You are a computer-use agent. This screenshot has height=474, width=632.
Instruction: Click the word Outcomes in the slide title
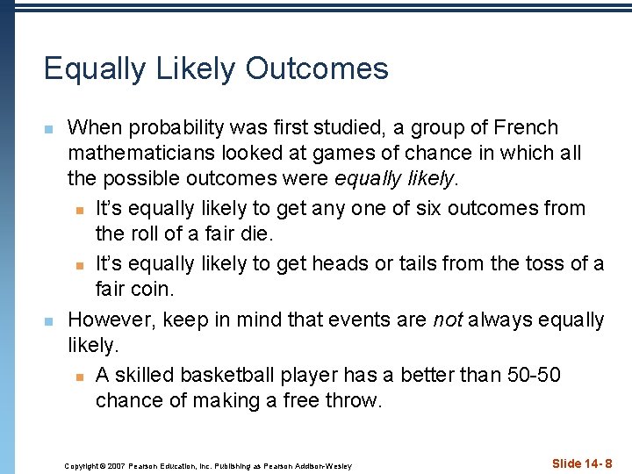(x=317, y=68)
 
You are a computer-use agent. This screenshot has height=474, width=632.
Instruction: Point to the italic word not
(x=448, y=320)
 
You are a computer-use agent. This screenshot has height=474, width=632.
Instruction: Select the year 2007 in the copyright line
(x=116, y=465)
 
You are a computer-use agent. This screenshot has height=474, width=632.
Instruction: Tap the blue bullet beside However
(x=49, y=322)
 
